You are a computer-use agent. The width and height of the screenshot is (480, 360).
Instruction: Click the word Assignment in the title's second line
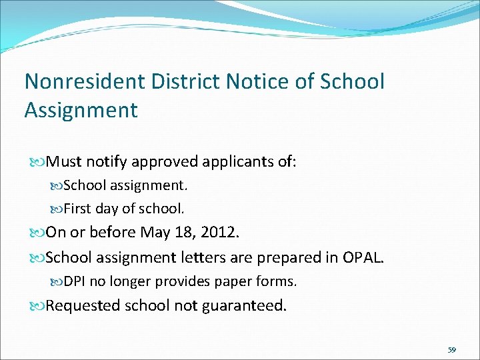tap(81, 110)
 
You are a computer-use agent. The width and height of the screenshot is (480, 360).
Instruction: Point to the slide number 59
tap(451, 350)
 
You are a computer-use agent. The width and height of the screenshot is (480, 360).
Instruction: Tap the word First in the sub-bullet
tap(77, 209)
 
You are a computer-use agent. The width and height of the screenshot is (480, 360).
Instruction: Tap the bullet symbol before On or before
tap(38, 233)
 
